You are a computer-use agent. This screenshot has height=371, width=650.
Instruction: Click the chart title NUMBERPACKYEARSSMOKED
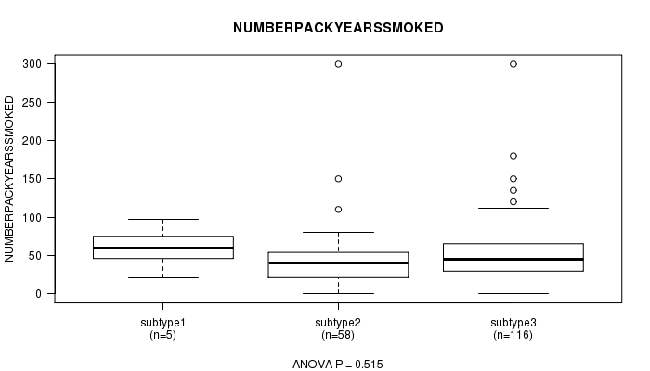pyautogui.click(x=338, y=28)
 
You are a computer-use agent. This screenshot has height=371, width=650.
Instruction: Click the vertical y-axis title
pyautogui.click(x=9, y=179)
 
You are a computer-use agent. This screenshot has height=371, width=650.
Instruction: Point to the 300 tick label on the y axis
pyautogui.click(x=32, y=64)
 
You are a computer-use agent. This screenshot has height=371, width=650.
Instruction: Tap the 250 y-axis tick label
pyautogui.click(x=32, y=102)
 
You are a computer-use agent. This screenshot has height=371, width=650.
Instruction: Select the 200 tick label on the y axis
pyautogui.click(x=32, y=141)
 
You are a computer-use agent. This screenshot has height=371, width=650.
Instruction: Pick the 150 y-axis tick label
pyautogui.click(x=32, y=179)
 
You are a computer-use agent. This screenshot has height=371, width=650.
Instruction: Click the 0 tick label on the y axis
pyautogui.click(x=39, y=294)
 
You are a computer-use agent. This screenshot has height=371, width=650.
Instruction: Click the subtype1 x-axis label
pyautogui.click(x=162, y=323)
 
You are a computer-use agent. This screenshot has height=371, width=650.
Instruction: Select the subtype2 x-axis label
pyautogui.click(x=338, y=323)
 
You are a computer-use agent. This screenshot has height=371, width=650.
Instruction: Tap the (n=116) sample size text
pyautogui.click(x=513, y=335)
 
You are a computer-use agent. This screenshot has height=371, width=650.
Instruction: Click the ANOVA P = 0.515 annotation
pyautogui.click(x=338, y=365)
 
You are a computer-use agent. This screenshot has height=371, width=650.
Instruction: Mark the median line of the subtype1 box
pyautogui.click(x=163, y=248)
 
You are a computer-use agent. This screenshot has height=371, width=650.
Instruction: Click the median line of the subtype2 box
pyautogui.click(x=338, y=262)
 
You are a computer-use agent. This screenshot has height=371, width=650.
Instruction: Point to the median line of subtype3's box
pyautogui.click(x=513, y=259)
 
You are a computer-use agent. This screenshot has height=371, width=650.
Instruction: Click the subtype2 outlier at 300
pyautogui.click(x=338, y=64)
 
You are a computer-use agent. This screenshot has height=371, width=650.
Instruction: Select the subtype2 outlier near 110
pyautogui.click(x=338, y=210)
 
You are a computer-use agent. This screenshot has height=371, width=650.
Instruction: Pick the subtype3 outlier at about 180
pyautogui.click(x=513, y=156)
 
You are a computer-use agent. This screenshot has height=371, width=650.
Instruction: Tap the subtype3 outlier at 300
pyautogui.click(x=513, y=64)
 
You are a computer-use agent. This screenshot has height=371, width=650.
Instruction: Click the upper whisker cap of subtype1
pyautogui.click(x=163, y=219)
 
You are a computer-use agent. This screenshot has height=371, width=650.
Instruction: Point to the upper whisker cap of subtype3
pyautogui.click(x=513, y=208)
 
